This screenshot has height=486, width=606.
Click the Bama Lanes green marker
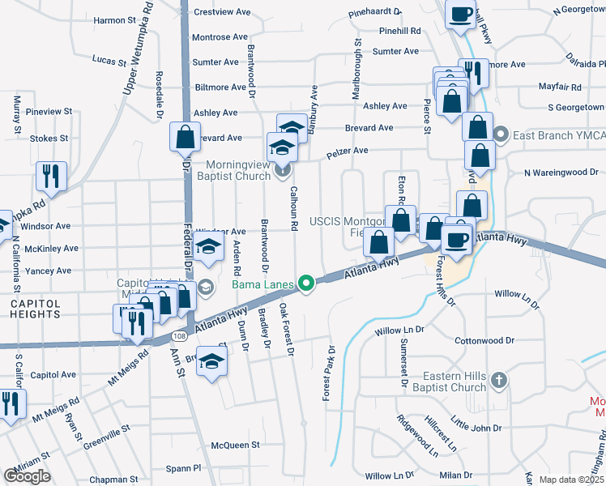[x=305, y=283]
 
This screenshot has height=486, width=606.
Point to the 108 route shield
[x=178, y=334]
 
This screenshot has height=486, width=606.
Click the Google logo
[x=27, y=475]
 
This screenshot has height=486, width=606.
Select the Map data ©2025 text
[x=571, y=480]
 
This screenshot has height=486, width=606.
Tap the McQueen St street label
[x=235, y=445]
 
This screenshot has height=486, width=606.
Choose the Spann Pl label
[x=184, y=468]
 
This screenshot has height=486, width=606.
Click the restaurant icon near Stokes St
[x=52, y=176]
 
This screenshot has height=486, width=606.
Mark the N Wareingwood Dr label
[x=560, y=172]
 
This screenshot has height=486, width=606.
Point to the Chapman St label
[x=109, y=480]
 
